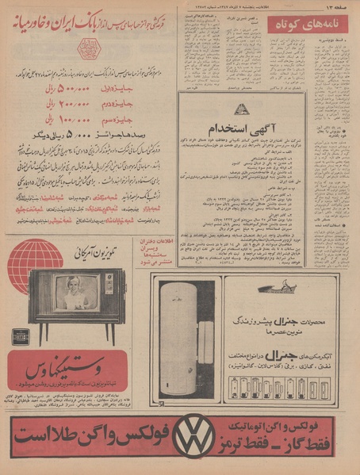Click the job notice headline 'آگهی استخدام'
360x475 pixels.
[239, 128]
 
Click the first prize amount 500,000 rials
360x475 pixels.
[70, 91]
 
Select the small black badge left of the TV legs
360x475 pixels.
[20, 335]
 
